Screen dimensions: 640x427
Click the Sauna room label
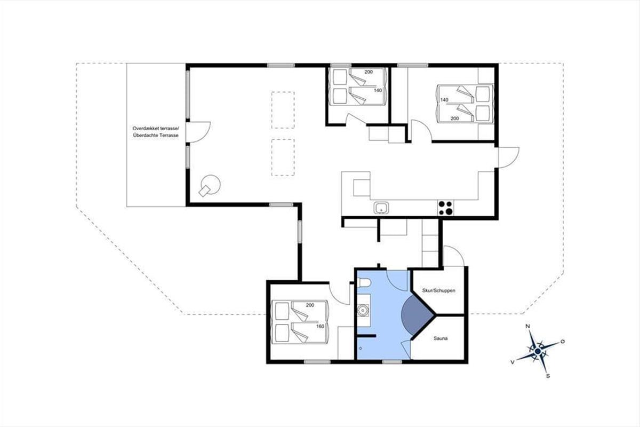click(x=441, y=338)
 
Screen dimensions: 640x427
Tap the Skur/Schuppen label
click(x=438, y=290)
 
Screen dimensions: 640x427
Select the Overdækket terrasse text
click(x=156, y=129)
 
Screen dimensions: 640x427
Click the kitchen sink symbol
click(x=381, y=208)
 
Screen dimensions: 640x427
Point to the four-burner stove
click(x=446, y=208)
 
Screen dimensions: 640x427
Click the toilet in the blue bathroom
click(x=364, y=283)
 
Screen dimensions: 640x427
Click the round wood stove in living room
click(x=210, y=185)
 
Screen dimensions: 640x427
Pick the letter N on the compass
click(x=528, y=326)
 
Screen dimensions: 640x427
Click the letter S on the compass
click(x=548, y=376)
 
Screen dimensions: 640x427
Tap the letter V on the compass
click(x=513, y=362)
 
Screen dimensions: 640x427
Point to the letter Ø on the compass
click(x=563, y=342)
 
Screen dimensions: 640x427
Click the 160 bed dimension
click(x=321, y=326)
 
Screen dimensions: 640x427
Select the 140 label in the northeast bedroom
click(x=444, y=100)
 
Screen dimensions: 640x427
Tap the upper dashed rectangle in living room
click(x=283, y=110)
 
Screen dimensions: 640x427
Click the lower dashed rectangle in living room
click(x=283, y=157)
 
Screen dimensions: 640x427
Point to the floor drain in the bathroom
click(x=361, y=349)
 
